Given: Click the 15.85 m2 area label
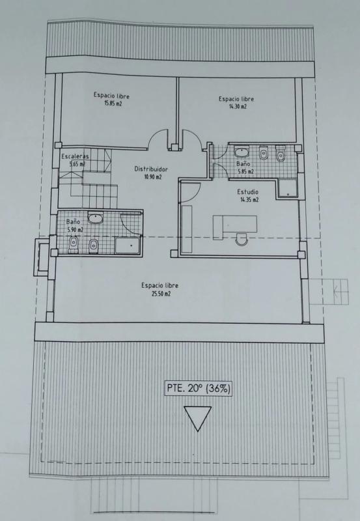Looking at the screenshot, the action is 113,104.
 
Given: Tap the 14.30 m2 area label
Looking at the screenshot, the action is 238,106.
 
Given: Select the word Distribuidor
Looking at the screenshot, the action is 151,169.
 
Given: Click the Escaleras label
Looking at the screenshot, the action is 75,156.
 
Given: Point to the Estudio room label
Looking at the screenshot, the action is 247,191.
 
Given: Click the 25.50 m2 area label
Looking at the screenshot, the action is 161,294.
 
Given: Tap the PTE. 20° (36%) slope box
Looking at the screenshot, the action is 199,388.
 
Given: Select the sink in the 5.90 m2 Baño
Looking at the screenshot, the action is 95,218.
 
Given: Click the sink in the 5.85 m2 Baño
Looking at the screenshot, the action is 242,152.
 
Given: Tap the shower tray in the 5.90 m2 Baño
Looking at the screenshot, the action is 128,246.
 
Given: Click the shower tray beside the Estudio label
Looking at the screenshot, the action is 288,188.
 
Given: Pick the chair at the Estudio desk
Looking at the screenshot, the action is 242,239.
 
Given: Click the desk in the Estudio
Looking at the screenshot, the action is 234,225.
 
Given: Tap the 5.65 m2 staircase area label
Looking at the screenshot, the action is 77,164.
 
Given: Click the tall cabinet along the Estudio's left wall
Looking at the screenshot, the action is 187,229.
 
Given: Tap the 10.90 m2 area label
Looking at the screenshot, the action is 152,176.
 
